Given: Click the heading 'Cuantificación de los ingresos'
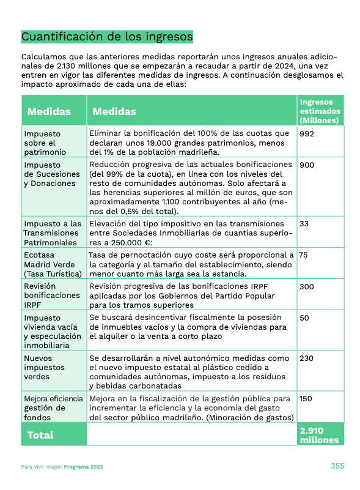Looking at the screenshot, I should [107, 37].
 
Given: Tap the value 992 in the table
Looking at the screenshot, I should [307, 133].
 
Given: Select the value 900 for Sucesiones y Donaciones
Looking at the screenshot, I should [307, 165].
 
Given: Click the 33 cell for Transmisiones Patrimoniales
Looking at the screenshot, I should [304, 224].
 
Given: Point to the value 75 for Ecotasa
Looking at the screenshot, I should [304, 255].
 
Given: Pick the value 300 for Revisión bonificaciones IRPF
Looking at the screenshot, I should [307, 286].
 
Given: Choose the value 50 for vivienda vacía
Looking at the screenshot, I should [304, 318].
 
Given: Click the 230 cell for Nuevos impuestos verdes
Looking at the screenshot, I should [307, 358].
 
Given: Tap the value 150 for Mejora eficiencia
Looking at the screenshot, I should [306, 399].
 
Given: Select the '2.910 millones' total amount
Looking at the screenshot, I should [319, 435].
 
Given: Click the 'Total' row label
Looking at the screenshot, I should [40, 435].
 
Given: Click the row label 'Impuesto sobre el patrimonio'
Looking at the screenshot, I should [45, 143].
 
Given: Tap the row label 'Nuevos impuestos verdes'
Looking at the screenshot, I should [43, 368].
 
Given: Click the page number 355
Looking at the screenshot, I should [337, 466].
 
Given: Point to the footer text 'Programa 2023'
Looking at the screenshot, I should [86, 467].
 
